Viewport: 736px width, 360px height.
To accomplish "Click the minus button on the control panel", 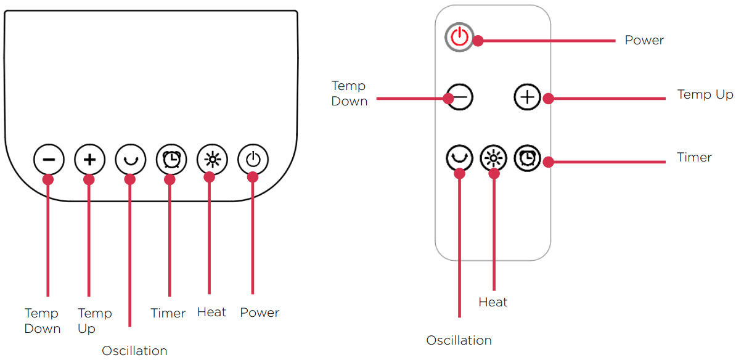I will point(48,160).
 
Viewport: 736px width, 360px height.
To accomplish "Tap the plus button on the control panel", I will point(89,160).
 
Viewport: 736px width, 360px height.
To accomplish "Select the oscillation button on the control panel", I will point(130,160).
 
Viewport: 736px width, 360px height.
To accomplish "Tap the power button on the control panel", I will point(253,160).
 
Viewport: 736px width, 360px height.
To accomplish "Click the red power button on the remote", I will point(459,38).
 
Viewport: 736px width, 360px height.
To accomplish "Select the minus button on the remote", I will point(459,97).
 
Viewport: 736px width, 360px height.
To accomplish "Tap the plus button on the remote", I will point(527,97).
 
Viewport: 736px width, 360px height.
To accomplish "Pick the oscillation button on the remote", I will point(459,158).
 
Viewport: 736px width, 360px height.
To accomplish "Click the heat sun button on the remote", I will point(493,158).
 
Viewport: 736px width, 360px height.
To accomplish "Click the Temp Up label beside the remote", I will point(705,95).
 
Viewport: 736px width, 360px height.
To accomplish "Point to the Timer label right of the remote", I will point(694,157).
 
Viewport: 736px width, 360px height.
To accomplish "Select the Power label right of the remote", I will point(644,40).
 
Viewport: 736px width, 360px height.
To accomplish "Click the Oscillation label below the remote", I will point(459,340).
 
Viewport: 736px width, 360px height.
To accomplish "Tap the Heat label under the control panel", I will point(211,313).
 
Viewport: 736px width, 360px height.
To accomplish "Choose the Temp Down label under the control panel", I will point(42,321).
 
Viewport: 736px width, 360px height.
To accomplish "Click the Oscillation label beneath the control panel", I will point(134,350).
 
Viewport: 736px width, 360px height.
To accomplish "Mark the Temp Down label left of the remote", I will point(349,93).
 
